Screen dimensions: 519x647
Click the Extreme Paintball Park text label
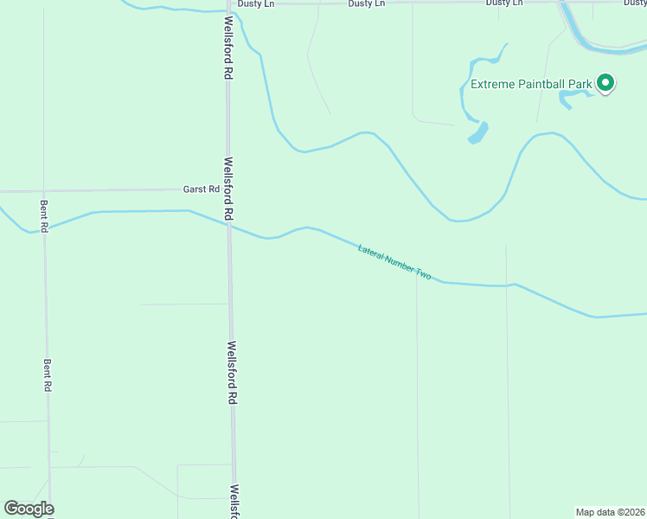point(530,84)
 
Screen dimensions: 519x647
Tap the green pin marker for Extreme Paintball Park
point(606,83)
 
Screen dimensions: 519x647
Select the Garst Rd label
point(201,189)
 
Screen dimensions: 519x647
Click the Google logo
point(29,509)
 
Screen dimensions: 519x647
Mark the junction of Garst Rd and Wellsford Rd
point(228,189)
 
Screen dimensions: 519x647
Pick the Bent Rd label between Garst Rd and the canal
point(44,208)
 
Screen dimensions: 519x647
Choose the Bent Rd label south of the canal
point(47,375)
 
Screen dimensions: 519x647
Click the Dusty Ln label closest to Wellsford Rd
point(256,3)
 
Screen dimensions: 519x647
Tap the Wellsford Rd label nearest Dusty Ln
point(228,48)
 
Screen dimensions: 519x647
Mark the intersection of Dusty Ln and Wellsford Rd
point(227,4)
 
